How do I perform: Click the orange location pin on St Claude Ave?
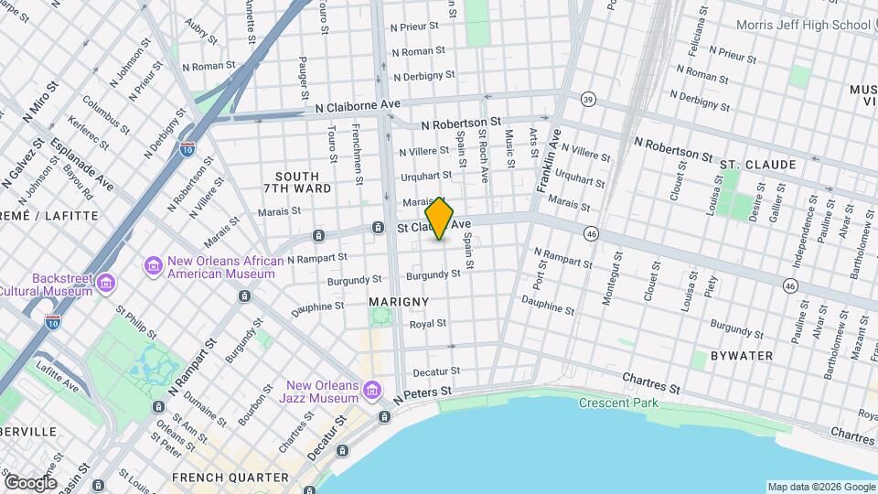click(x=440, y=219)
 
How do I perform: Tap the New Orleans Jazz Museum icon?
click(x=371, y=392)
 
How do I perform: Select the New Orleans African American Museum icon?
click(x=154, y=266)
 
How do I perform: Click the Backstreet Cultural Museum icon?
click(x=107, y=284)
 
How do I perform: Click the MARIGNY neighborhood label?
click(x=398, y=301)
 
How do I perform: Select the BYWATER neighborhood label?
click(x=741, y=355)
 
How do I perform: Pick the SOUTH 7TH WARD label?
click(x=297, y=182)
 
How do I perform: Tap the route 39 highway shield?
click(x=589, y=98)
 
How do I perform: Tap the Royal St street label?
click(x=427, y=324)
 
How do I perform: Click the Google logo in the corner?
click(x=30, y=482)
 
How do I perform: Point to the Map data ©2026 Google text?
click(x=820, y=487)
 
